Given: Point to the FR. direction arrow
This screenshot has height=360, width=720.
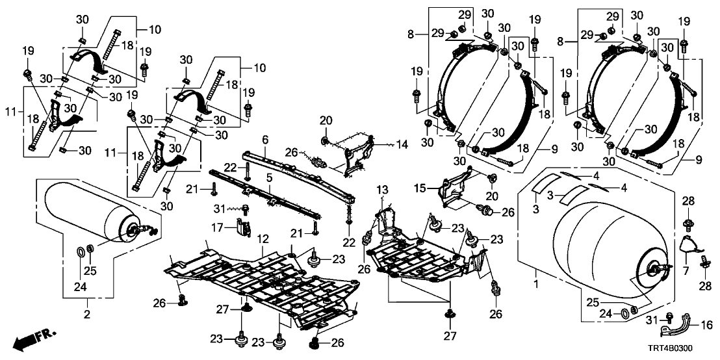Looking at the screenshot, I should pyautogui.click(x=36, y=339).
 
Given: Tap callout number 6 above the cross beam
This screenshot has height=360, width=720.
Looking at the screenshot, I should pyautogui.click(x=265, y=140).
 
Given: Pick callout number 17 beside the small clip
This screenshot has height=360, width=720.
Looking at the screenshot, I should pyautogui.click(x=223, y=227).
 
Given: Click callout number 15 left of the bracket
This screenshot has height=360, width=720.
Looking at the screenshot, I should pyautogui.click(x=421, y=188).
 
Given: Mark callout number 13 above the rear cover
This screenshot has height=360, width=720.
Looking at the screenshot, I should pyautogui.click(x=382, y=188).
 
